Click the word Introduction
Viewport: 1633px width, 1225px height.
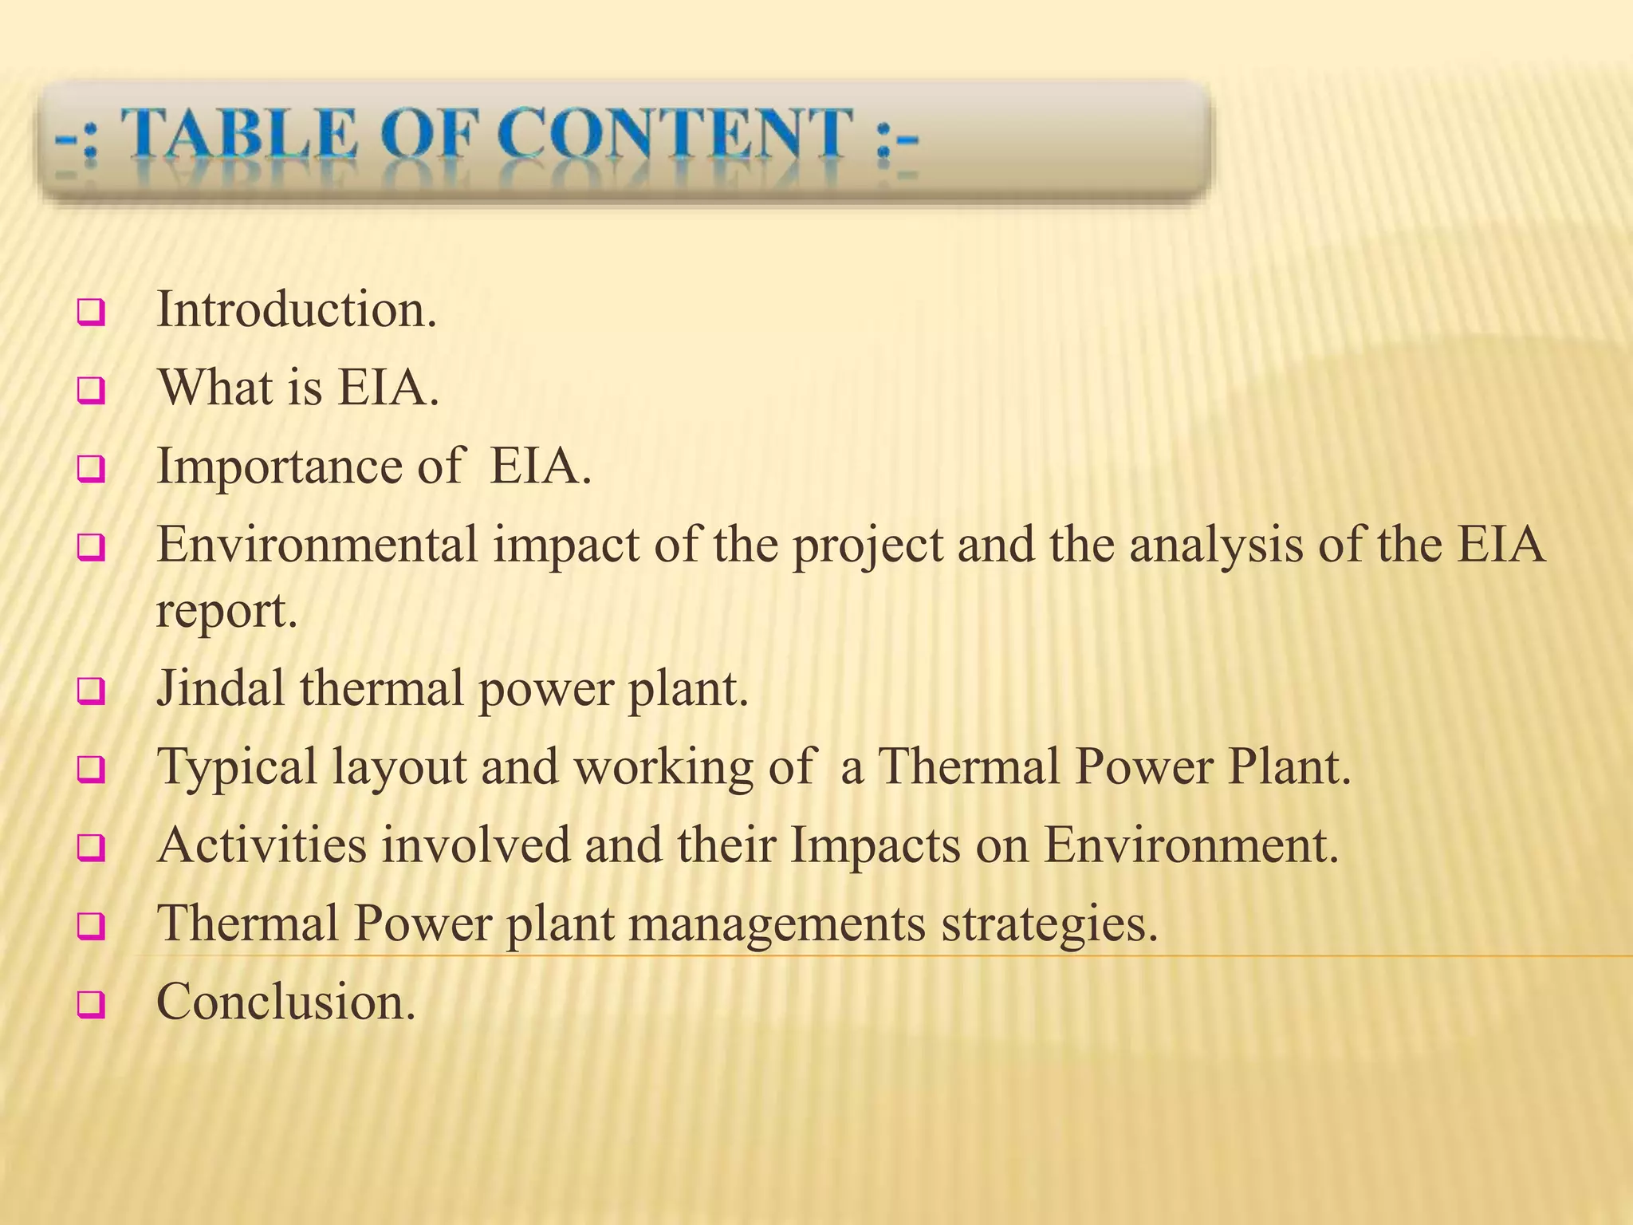[297, 309]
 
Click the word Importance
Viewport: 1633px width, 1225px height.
[278, 467]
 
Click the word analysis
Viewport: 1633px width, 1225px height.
[1215, 546]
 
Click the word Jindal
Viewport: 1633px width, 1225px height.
[220, 687]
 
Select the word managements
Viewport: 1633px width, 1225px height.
[777, 924]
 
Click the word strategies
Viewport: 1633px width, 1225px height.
[1049, 924]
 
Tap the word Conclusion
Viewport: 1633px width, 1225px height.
[285, 1002]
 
